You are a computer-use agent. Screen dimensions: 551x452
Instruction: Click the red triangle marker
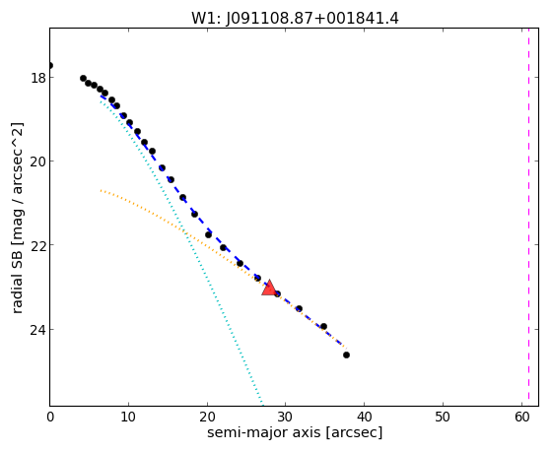269,288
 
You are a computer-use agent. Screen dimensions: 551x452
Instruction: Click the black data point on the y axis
50,65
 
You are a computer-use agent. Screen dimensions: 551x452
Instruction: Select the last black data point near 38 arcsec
346,355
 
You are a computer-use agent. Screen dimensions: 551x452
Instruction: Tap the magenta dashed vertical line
528,217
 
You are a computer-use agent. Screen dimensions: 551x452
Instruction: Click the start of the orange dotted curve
101,190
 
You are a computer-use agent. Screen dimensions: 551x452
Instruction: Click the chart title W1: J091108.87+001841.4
295,19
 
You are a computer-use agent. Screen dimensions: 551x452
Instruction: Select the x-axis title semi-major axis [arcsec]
295,432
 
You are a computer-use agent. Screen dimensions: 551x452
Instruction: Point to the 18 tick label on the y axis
38,78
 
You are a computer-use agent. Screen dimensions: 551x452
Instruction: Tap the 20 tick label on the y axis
38,161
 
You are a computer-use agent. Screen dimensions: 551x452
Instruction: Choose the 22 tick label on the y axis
38,245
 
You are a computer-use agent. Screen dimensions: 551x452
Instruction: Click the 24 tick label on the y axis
38,330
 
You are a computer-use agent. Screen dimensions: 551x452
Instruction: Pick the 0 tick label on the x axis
50,417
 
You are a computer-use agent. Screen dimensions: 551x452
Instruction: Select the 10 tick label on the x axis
128,417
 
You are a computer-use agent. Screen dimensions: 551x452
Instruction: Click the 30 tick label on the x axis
285,417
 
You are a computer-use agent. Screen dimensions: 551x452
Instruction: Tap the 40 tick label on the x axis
364,417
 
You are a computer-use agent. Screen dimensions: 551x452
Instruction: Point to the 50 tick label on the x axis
443,417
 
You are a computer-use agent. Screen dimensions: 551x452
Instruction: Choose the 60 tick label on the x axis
521,417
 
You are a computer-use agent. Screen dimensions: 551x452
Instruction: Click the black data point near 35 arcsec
323,327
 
